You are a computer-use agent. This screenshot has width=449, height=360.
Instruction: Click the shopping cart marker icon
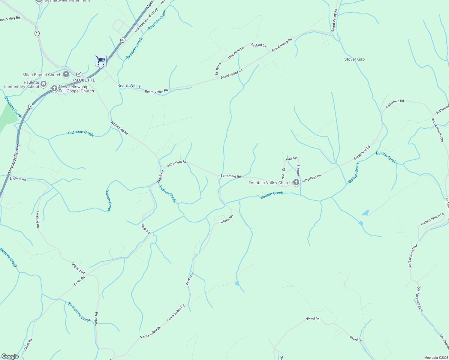tap(101, 61)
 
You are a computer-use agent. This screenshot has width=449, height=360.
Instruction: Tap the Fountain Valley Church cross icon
tap(296, 182)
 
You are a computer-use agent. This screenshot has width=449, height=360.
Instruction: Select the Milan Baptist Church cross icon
tap(66, 75)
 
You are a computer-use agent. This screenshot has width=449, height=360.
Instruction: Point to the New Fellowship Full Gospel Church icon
tap(54, 88)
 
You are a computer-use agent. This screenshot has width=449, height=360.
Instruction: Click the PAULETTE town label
tap(84, 80)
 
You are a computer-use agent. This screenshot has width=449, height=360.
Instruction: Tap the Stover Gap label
tap(354, 59)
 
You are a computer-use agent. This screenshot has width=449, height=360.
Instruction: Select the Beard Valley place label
tap(129, 85)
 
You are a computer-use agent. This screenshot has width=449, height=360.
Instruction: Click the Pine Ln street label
tap(291, 158)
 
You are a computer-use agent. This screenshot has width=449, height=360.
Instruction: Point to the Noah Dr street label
tap(283, 173)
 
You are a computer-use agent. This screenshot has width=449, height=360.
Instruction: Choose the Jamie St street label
tap(298, 170)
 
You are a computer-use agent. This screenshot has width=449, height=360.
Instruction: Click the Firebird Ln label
tap(258, 45)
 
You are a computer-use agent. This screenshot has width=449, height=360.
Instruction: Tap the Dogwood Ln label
tap(236, 53)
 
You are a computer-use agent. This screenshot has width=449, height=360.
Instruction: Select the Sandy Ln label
tap(218, 69)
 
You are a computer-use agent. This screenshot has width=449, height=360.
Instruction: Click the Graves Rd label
tap(226, 219)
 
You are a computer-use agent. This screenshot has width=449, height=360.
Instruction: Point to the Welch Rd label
tap(96, 319)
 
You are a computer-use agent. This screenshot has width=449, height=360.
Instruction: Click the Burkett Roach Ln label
tap(432, 219)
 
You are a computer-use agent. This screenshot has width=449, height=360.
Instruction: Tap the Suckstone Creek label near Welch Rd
tap(79, 312)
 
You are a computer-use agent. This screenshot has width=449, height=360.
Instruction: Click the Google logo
tap(10, 356)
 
